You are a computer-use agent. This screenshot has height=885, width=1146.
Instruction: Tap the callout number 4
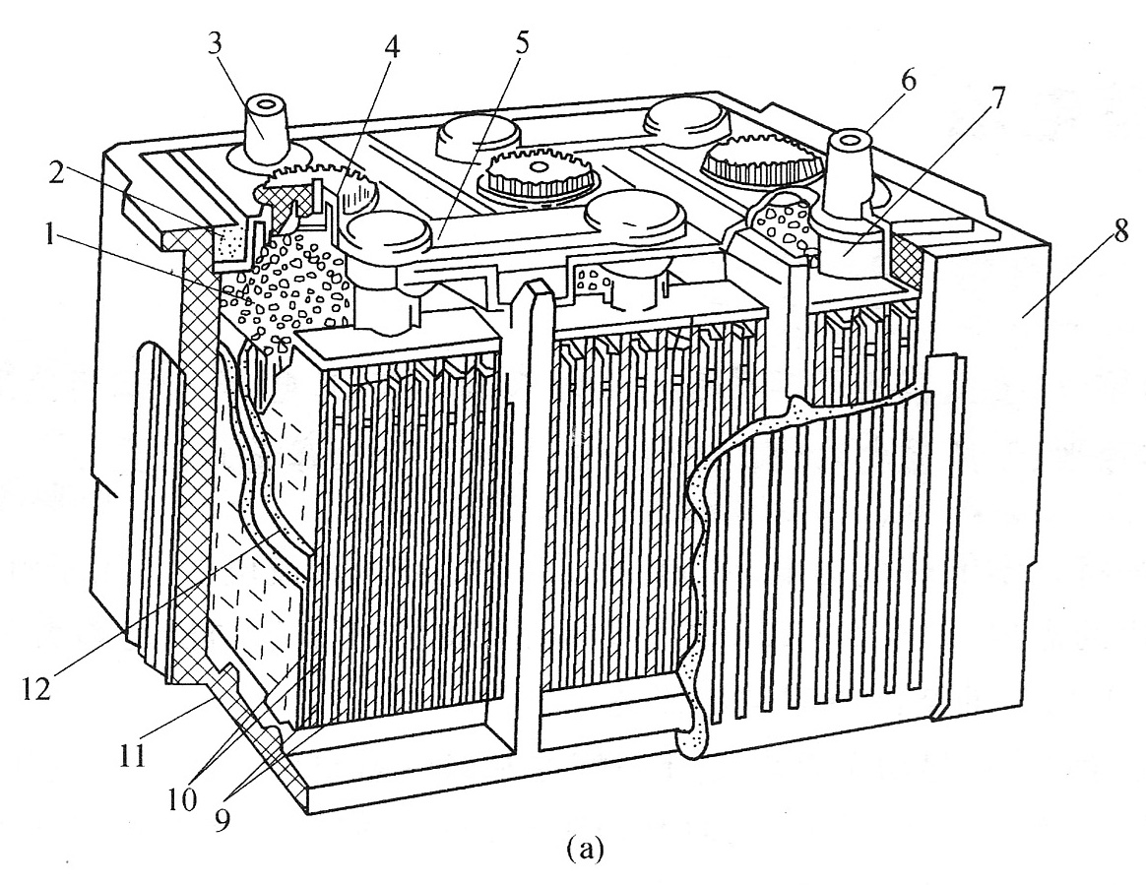tap(392, 48)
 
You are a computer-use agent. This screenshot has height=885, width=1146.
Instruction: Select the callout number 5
tap(520, 44)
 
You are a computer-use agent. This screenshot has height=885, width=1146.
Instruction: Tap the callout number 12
tap(35, 688)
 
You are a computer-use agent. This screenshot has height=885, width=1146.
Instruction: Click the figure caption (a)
tap(585, 849)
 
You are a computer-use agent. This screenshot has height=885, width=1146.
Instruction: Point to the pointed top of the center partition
tap(534, 285)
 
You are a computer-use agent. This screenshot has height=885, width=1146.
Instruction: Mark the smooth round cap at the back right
tap(684, 117)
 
